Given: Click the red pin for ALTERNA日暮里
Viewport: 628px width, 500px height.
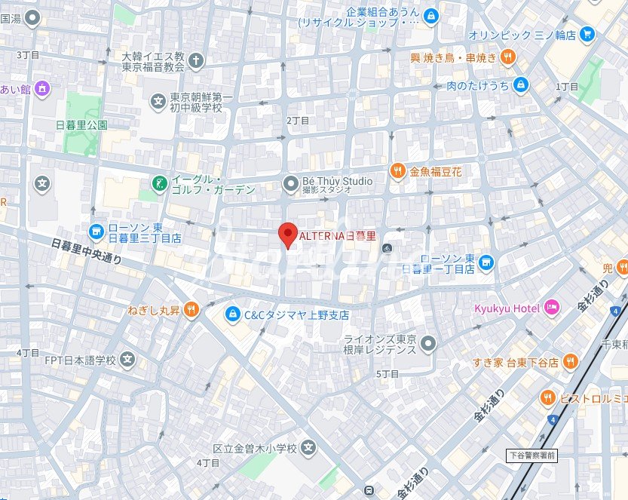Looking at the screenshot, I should pos(287,235).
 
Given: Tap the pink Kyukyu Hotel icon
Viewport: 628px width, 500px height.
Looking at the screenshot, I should pos(552,307).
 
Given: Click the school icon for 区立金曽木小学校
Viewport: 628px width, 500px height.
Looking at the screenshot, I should pos(308,449).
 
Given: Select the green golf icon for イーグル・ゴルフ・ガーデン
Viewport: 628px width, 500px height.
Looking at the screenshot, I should pos(159,183).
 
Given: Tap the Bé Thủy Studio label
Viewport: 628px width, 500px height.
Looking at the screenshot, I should pos(337,181).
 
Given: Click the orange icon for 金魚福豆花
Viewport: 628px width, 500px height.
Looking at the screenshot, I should pos(397,171).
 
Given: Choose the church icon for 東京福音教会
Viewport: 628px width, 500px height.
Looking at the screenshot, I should pos(196,60).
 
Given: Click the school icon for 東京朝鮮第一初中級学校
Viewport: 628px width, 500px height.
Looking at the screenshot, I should pos(158,100).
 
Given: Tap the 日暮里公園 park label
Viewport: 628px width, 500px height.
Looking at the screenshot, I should pos(81,124).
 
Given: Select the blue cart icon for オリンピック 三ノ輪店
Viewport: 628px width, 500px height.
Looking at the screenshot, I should pos(587,34).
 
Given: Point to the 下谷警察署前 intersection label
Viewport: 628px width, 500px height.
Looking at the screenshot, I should pos(531,456).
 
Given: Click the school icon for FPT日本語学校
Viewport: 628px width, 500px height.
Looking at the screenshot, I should pos(128,360).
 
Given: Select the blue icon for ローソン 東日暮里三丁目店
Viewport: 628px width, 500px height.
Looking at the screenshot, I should pos(96,231).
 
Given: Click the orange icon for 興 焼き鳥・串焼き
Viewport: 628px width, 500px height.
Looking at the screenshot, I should pos(508,57).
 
